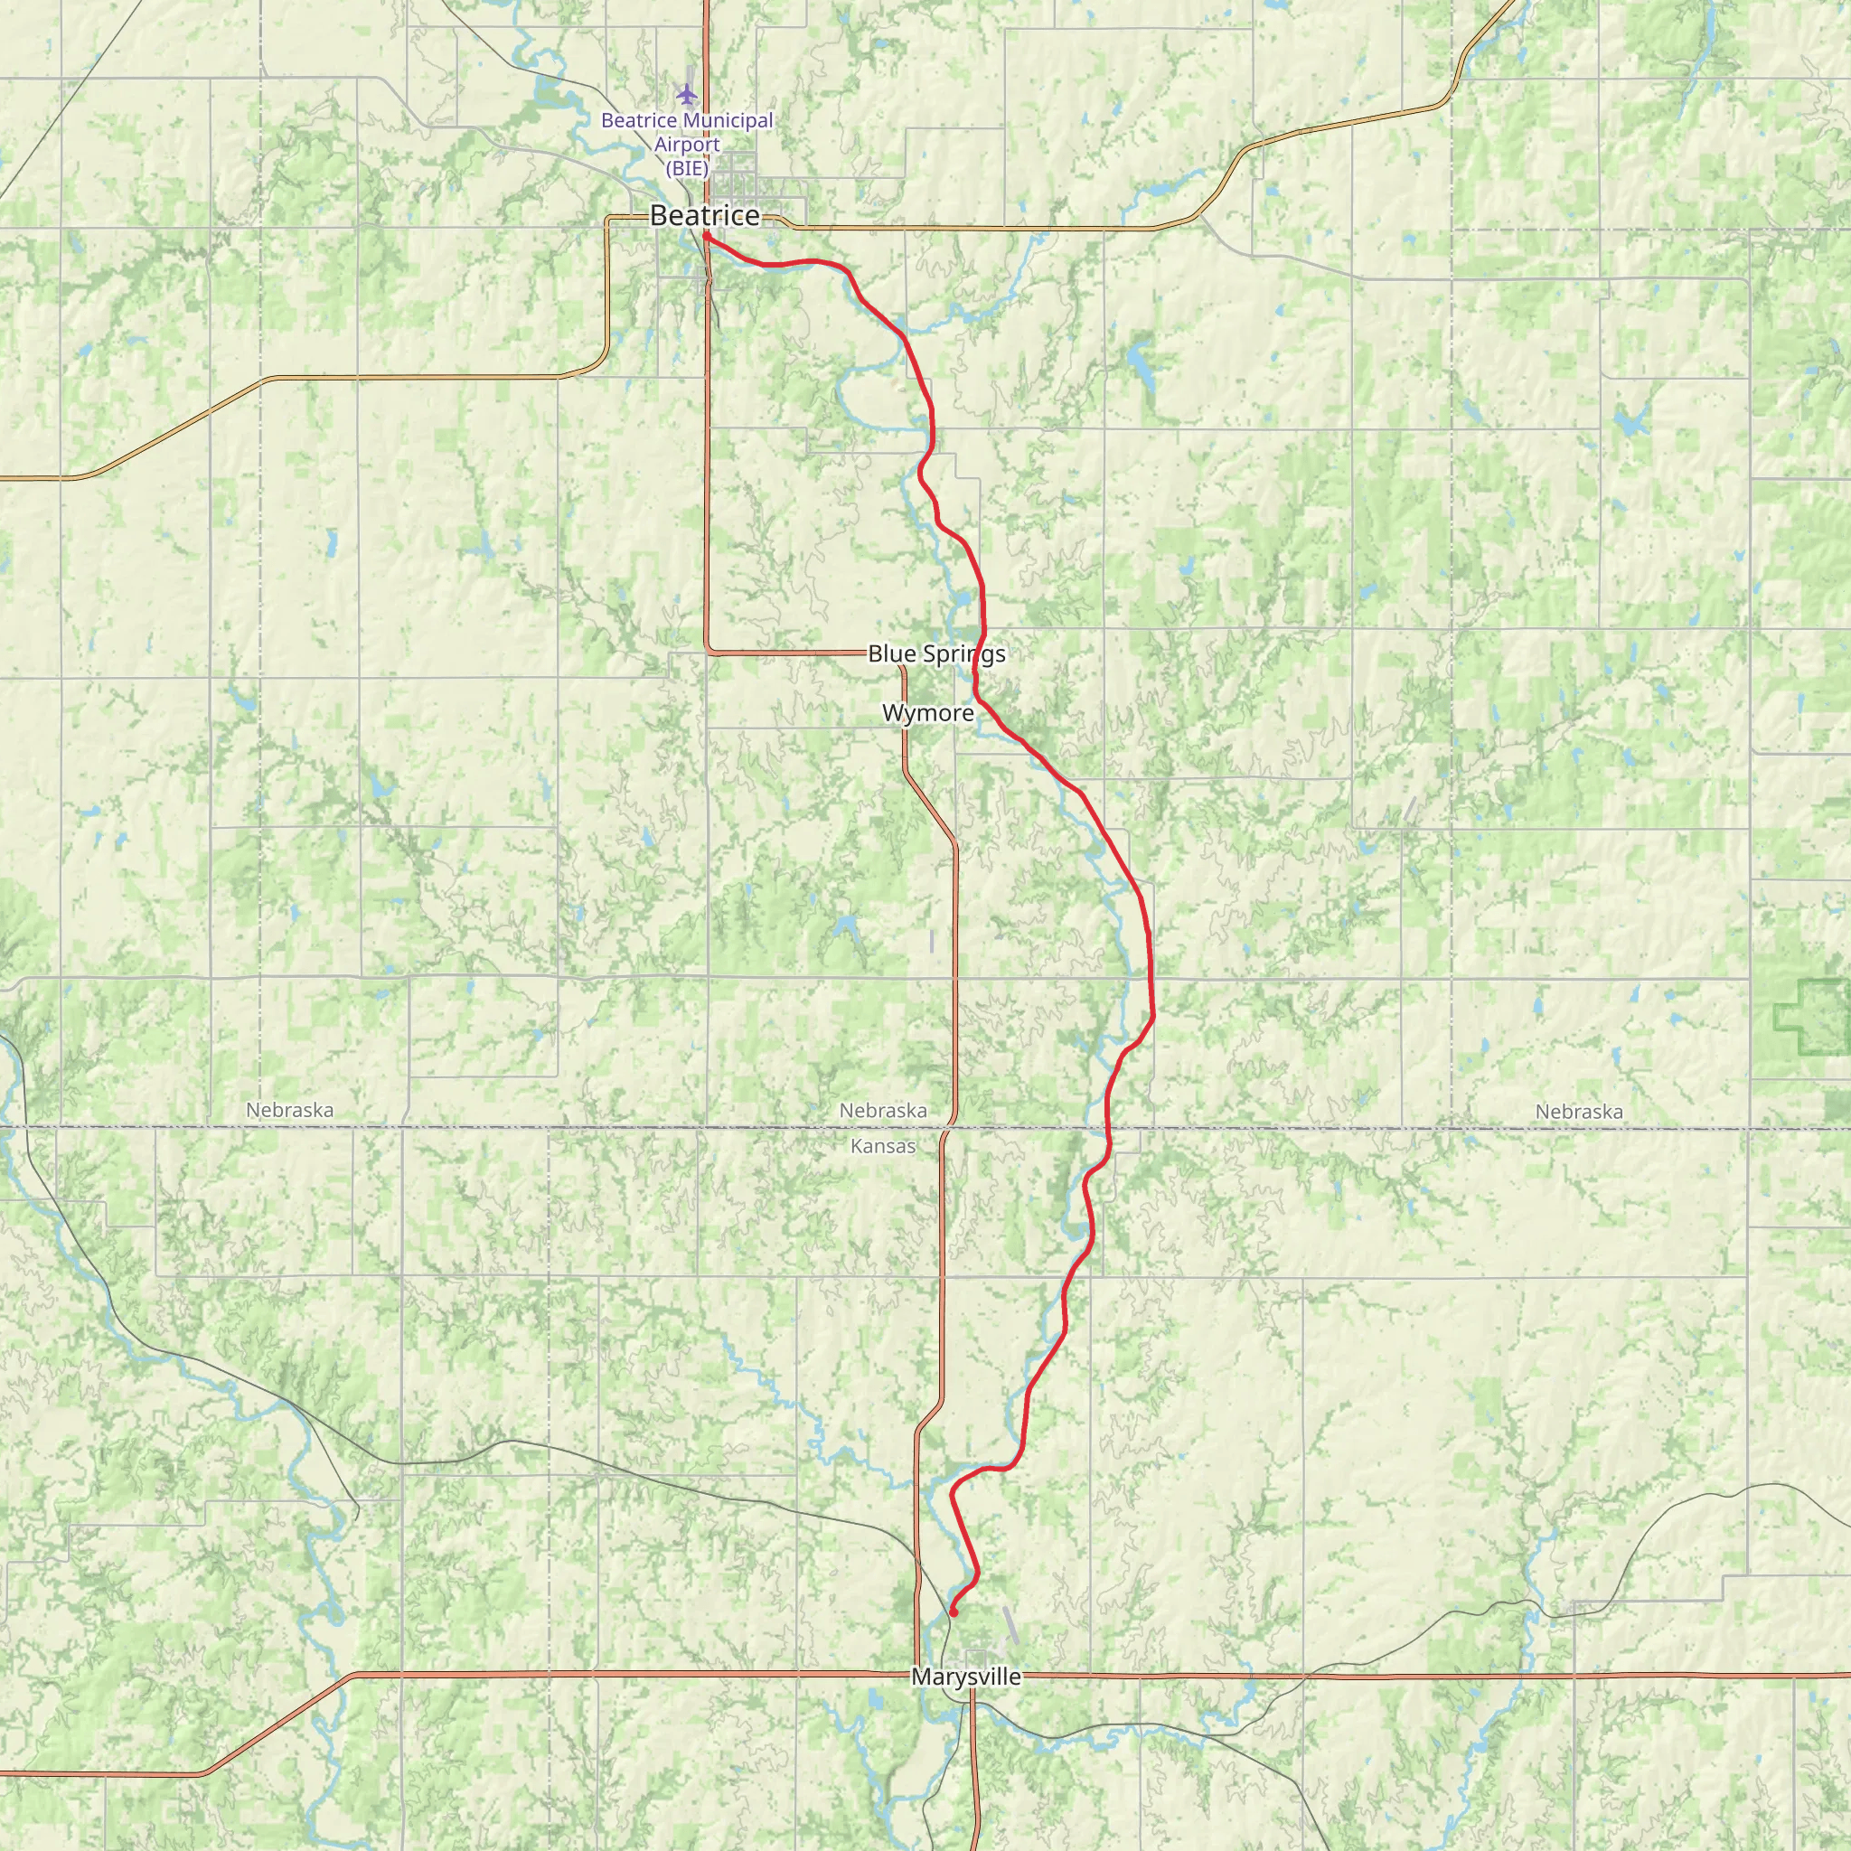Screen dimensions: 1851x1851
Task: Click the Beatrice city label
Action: [x=704, y=216]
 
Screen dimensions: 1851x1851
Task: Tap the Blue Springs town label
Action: [x=936, y=653]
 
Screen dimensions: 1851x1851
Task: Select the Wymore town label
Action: [x=927, y=713]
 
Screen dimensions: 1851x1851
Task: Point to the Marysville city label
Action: [x=966, y=1677]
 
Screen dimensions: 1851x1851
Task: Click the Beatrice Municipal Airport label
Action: [x=687, y=144]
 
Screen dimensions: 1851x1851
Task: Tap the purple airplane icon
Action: [x=686, y=94]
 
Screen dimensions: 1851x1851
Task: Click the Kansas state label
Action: [x=882, y=1146]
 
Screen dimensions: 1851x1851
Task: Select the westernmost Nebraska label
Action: [x=289, y=1110]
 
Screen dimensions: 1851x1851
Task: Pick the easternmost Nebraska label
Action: [x=1579, y=1112]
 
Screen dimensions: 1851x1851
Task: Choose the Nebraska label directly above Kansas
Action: [x=882, y=1110]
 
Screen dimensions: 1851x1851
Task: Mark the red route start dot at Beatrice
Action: [x=706, y=235]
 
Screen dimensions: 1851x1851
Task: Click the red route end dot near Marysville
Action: [x=954, y=1612]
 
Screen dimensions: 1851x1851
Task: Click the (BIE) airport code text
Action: [x=687, y=169]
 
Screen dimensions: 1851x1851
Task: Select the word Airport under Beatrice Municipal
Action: [x=687, y=145]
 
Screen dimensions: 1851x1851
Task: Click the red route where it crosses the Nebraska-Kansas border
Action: [x=1108, y=1127]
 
